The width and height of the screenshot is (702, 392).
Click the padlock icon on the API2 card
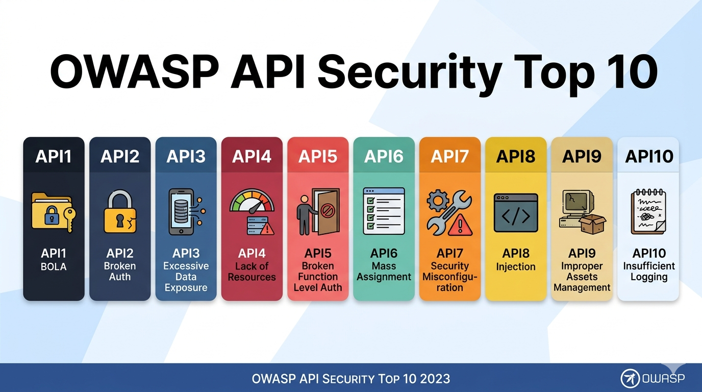tap(120, 212)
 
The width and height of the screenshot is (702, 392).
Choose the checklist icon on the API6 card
tap(384, 211)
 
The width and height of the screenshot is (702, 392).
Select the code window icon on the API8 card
tap(516, 212)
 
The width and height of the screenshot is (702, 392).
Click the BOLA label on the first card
tap(54, 266)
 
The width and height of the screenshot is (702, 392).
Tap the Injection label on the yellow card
tap(516, 266)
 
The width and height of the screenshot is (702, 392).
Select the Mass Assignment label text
tap(384, 272)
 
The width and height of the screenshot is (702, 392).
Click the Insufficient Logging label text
tap(649, 272)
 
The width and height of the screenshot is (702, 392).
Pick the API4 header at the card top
tap(252, 156)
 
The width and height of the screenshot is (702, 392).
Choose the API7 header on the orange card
tap(449, 156)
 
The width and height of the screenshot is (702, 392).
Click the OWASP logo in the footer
tap(653, 378)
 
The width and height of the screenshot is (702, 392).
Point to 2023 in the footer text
tap(434, 379)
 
